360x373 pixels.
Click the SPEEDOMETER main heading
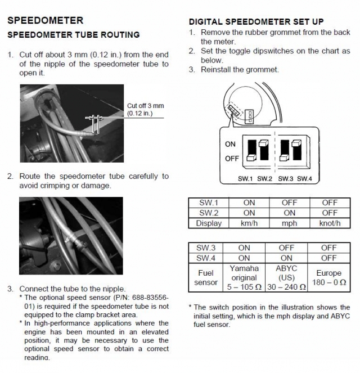pos(45,21)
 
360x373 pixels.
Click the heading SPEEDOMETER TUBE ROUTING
pos(73,35)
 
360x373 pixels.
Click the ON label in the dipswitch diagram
pos(230,144)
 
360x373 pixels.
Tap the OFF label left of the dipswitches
pos(232,158)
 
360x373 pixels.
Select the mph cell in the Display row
pos(290,223)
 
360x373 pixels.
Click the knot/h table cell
pos(330,223)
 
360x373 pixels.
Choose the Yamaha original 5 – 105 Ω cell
pos(244,277)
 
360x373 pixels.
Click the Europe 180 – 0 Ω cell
pos(330,277)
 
